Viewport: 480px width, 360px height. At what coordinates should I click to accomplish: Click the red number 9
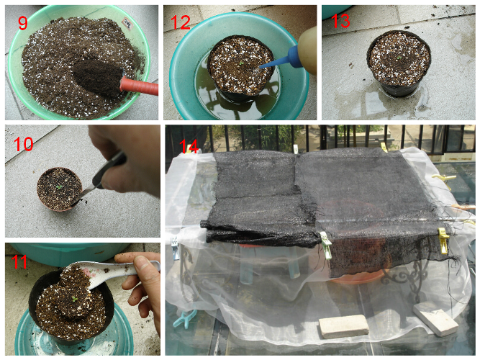(x=23, y=23)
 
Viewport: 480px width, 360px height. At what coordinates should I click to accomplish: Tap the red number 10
(x=23, y=143)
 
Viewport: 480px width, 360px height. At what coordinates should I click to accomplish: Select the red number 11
(x=19, y=262)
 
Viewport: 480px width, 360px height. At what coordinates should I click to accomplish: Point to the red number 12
(x=181, y=22)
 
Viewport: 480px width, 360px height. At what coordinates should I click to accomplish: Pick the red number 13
(x=340, y=21)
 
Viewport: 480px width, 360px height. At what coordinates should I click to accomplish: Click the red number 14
(x=189, y=146)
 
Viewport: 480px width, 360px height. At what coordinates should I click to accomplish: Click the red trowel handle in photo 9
(x=139, y=86)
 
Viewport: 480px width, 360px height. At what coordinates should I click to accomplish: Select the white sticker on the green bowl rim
(x=127, y=21)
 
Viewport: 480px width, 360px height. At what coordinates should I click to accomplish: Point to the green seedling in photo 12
(x=241, y=63)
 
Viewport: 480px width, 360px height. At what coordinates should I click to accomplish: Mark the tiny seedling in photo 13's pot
(x=399, y=58)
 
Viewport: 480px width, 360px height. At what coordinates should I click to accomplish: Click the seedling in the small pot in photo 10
(x=59, y=187)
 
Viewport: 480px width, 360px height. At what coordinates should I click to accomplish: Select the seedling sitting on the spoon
(x=74, y=298)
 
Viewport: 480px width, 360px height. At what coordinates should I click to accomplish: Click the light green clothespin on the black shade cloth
(x=326, y=245)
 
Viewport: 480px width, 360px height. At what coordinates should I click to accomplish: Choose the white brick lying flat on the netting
(x=343, y=326)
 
